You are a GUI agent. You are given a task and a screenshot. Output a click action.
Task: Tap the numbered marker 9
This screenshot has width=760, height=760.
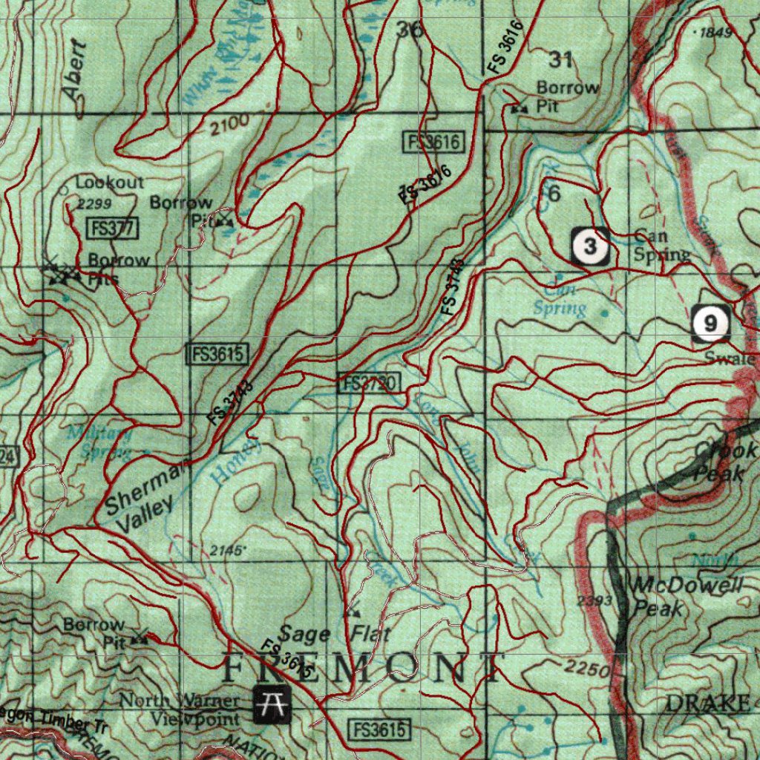(711, 324)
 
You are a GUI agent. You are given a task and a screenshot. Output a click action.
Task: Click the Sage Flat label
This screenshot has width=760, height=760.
(334, 635)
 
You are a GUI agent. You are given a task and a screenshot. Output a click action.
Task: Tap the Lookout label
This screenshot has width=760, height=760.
(109, 182)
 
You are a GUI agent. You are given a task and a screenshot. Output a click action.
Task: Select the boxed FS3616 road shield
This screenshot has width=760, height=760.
(433, 142)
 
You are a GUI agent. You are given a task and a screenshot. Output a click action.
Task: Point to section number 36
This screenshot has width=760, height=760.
(410, 30)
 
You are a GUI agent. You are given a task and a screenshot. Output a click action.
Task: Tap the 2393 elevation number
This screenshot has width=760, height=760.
(594, 600)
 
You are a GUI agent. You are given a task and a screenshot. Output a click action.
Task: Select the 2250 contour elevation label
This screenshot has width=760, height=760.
(586, 668)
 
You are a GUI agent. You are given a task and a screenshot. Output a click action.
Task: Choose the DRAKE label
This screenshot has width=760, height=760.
(707, 703)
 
